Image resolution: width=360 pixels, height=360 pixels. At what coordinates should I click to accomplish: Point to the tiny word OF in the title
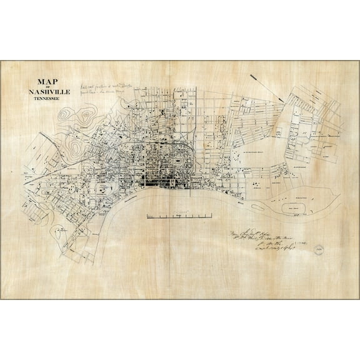click(x=48, y=87)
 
